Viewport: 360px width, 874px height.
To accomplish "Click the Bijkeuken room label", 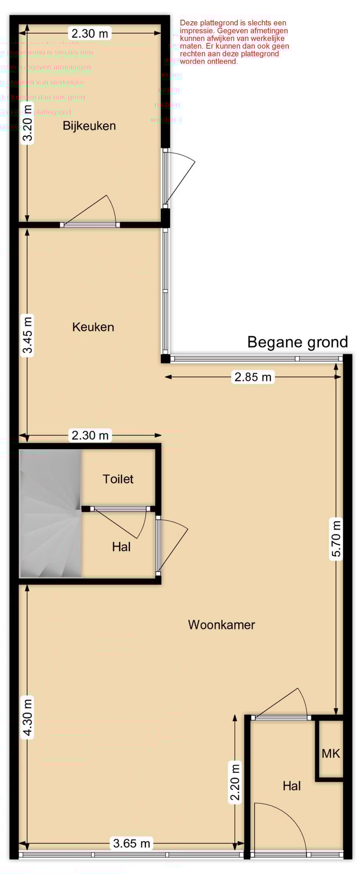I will (x=89, y=126).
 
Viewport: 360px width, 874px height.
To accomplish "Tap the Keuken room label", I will (x=93, y=327).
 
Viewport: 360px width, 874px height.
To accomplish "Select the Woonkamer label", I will (x=221, y=624).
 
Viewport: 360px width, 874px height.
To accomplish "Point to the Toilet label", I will (x=118, y=479).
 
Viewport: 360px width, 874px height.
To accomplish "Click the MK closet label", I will (x=331, y=753).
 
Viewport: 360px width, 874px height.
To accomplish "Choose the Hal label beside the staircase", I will (x=121, y=547).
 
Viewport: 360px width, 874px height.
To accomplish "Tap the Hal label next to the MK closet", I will (x=292, y=786).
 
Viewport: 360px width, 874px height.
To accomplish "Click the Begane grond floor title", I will (x=297, y=342).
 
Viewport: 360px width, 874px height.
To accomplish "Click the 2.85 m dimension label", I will (x=253, y=377).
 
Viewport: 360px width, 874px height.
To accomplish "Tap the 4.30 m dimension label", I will (x=28, y=717).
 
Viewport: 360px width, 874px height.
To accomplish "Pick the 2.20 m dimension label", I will (x=235, y=782).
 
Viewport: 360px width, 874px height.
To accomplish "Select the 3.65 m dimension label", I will (x=131, y=843).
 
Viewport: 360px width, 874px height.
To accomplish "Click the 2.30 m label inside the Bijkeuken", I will (x=90, y=33).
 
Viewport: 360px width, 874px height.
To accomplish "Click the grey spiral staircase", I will (x=50, y=514).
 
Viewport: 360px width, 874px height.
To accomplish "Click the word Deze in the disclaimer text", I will (x=189, y=23).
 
